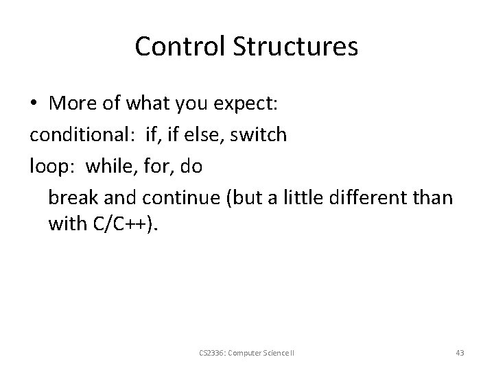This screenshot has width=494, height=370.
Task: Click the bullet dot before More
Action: pos(34,104)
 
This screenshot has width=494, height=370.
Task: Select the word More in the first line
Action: pos(71,103)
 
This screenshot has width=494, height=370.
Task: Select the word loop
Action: pos(48,166)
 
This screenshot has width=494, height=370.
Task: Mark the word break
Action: pos(71,198)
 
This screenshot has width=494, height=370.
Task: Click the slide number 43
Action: pos(460,353)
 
